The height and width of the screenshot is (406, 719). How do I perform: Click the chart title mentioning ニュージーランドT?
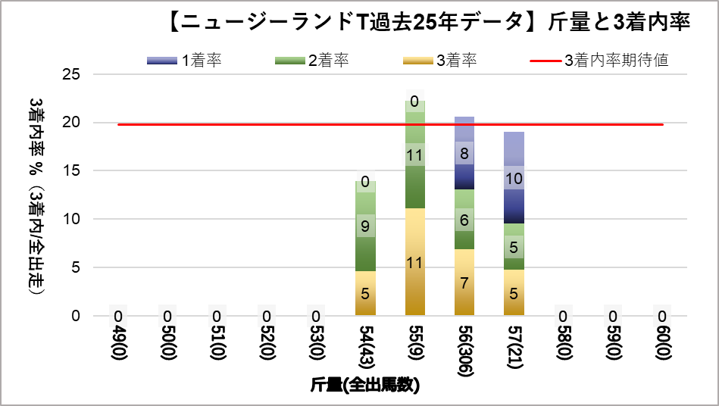click(x=428, y=23)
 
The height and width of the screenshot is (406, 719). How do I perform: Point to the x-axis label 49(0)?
click(x=118, y=344)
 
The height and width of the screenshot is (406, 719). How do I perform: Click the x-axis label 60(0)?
click(x=662, y=344)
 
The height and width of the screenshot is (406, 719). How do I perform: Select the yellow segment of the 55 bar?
click(x=414, y=261)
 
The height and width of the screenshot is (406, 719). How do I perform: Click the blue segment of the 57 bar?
click(x=514, y=178)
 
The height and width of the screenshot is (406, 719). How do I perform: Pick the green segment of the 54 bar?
click(x=365, y=226)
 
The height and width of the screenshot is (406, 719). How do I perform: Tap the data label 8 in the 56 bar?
click(x=464, y=153)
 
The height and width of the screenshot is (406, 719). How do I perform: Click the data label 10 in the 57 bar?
click(x=514, y=179)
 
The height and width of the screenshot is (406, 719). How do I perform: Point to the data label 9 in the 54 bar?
click(x=365, y=226)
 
